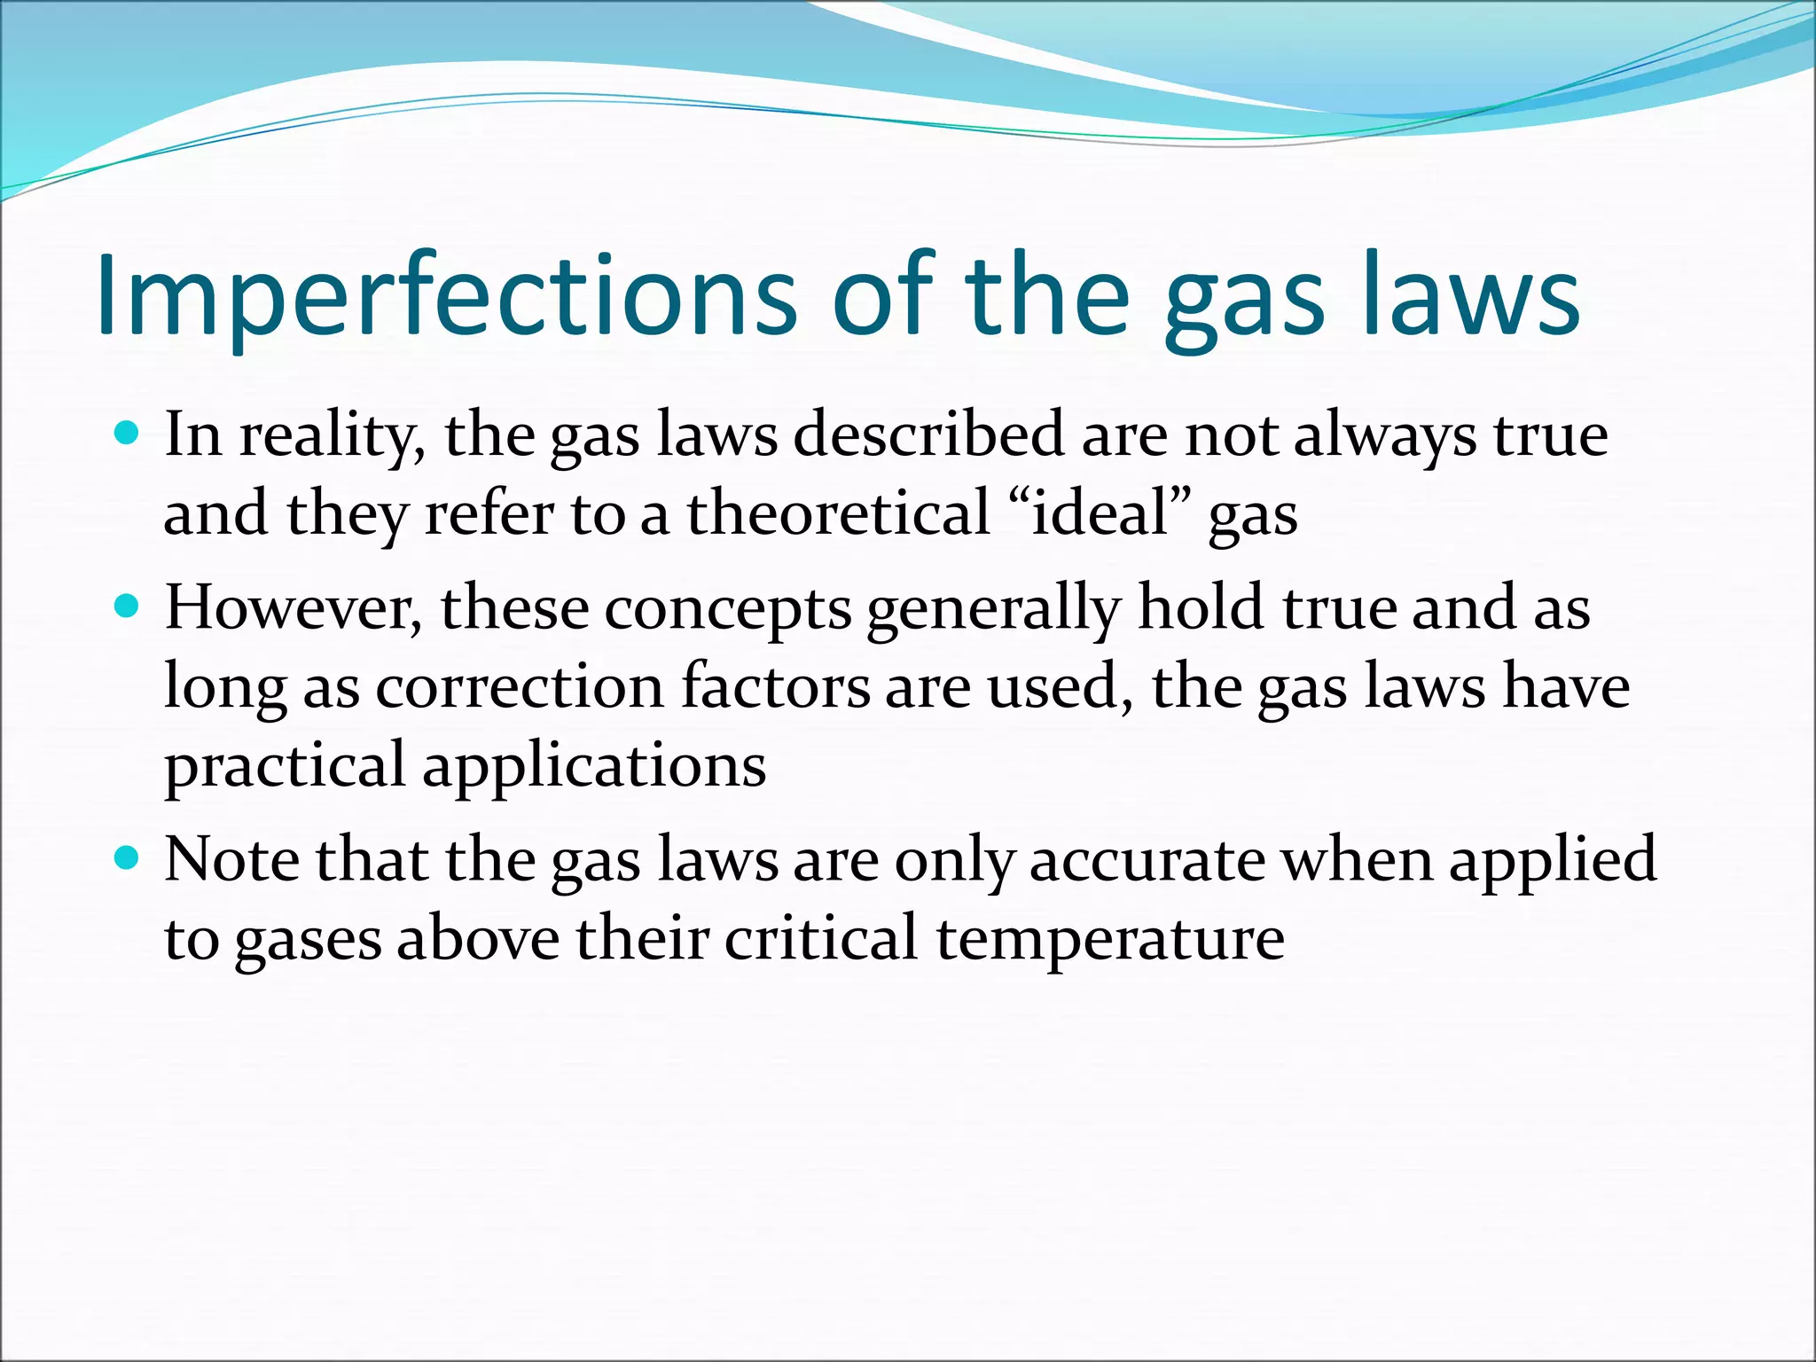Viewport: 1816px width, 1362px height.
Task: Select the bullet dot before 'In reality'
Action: pyautogui.click(x=129, y=434)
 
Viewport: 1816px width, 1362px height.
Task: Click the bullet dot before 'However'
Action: pyautogui.click(x=129, y=607)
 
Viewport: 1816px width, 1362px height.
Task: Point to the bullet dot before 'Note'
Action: pyautogui.click(x=129, y=858)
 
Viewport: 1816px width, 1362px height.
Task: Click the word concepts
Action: pyautogui.click(x=728, y=610)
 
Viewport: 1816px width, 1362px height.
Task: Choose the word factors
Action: pyautogui.click(x=776, y=686)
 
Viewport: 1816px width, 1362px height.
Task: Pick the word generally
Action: pyautogui.click(x=994, y=610)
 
